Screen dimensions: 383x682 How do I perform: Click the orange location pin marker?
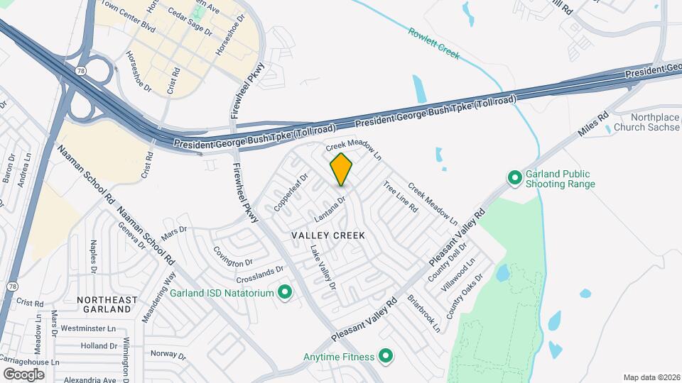tap(342, 169)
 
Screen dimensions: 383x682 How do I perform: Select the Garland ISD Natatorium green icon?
tap(285, 292)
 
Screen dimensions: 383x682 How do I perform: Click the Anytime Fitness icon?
tap(386, 356)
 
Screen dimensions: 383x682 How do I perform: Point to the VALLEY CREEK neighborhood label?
tap(328, 235)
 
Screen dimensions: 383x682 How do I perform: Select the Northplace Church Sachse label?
tap(656, 122)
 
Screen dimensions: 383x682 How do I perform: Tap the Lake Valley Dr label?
tap(323, 268)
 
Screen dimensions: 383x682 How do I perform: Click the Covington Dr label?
tap(233, 256)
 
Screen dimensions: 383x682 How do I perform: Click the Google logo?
tap(23, 374)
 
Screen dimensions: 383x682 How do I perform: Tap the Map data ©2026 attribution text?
tap(650, 377)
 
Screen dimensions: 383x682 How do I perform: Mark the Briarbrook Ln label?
tap(424, 313)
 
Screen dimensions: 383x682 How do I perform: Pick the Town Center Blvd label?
tap(128, 16)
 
